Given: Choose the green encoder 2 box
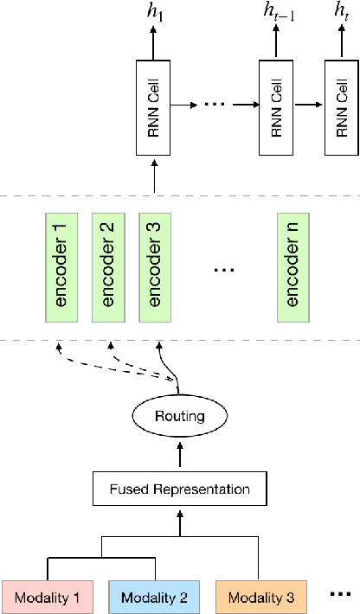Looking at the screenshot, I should (x=107, y=267).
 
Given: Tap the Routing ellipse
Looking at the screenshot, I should (x=180, y=416).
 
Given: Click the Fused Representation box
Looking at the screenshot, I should (x=180, y=489).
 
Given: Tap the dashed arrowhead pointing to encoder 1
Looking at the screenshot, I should (x=60, y=349).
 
